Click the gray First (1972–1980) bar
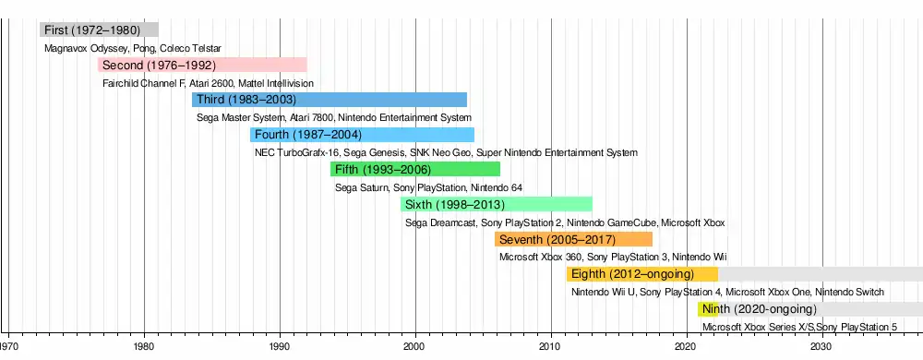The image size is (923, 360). coord(99,30)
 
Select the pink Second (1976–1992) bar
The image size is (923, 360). coord(202,65)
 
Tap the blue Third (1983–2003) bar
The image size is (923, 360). coord(330,100)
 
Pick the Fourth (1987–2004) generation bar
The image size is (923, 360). coord(362,135)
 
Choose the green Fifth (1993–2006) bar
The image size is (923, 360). coord(415,170)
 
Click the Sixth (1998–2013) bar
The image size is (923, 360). coord(497,204)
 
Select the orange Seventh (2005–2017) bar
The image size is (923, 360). coord(573,239)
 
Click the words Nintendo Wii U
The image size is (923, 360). coord(603,293)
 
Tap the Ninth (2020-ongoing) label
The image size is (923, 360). coord(760,309)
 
